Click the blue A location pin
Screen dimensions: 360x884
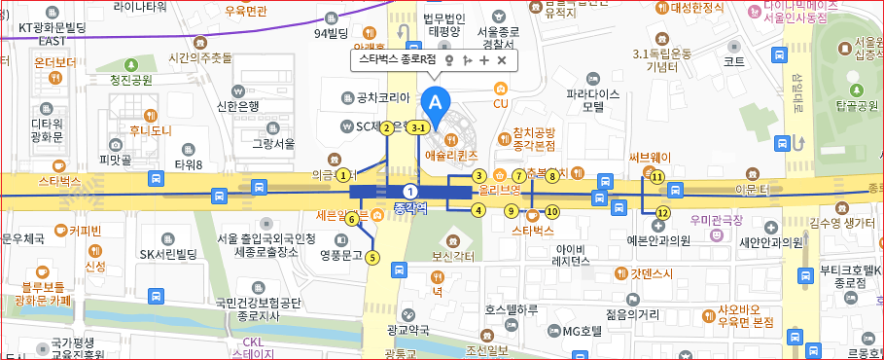[436, 101]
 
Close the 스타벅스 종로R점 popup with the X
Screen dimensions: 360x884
[502, 60]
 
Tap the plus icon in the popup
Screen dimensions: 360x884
[484, 60]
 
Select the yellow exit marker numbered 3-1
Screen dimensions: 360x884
[419, 127]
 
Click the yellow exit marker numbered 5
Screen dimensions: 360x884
[371, 258]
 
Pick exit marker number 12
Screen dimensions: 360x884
[663, 212]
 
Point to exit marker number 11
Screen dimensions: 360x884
[657, 177]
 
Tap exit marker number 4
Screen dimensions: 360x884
[478, 209]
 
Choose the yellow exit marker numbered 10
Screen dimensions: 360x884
[552, 211]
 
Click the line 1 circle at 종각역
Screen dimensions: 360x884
[411, 191]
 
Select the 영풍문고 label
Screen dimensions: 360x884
[339, 256]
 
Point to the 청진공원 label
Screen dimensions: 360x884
[131, 80]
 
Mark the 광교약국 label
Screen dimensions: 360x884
[407, 331]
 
